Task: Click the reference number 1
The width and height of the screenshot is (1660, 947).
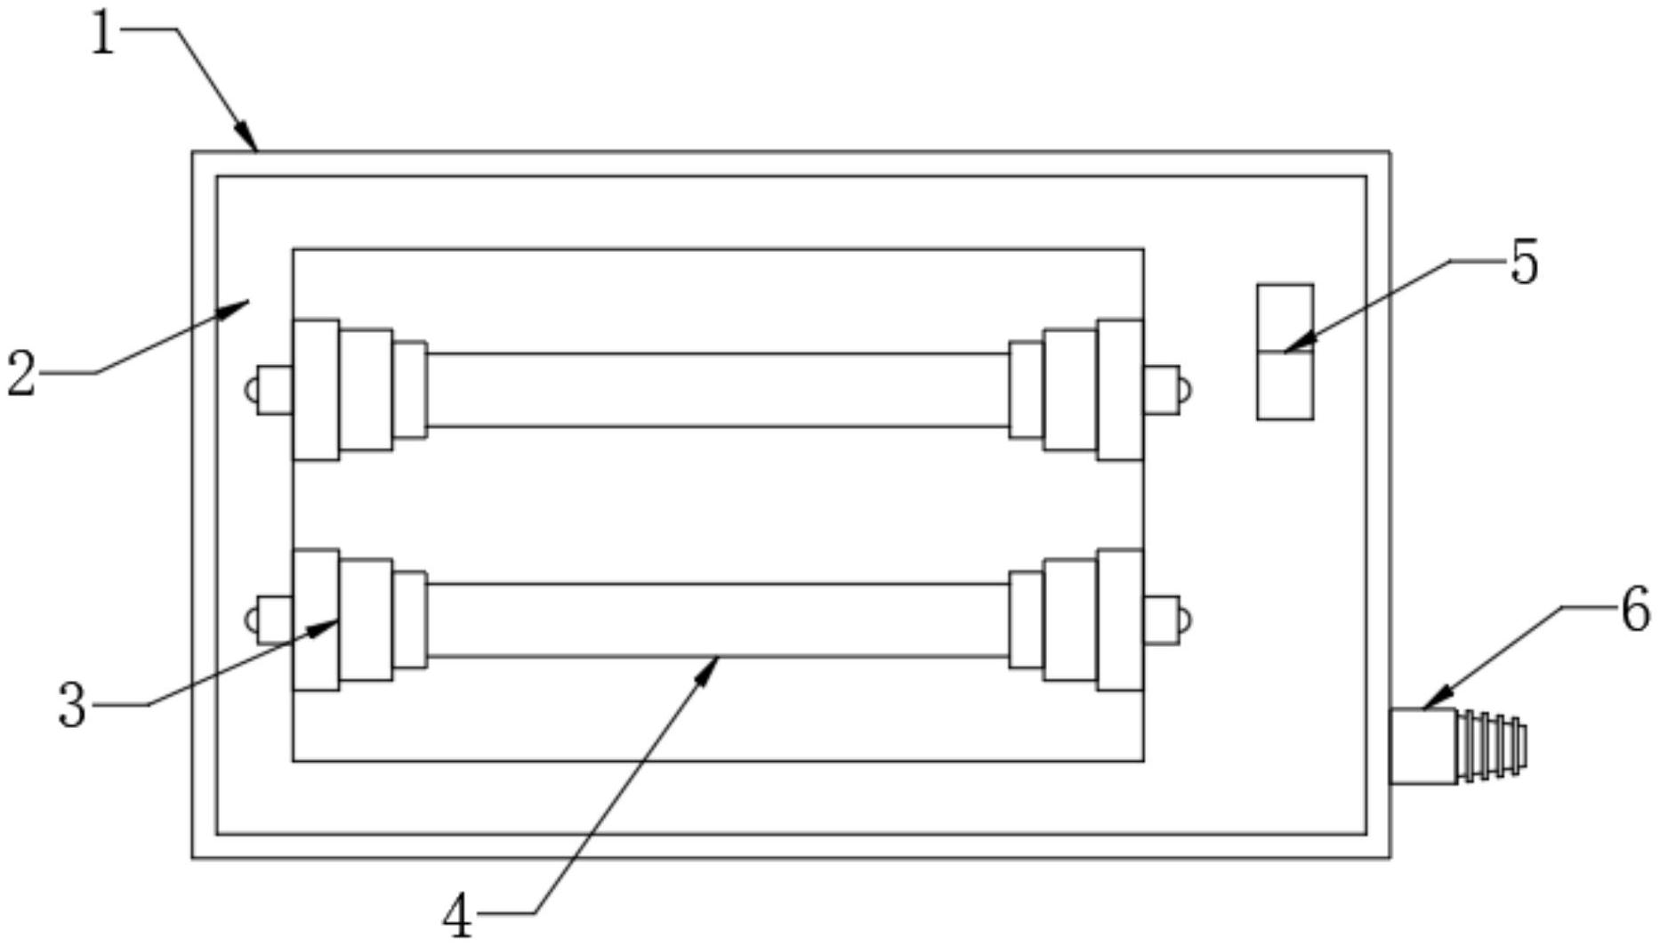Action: tap(104, 36)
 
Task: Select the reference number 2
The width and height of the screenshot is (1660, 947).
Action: tap(21, 374)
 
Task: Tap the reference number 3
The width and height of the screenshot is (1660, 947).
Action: tap(72, 705)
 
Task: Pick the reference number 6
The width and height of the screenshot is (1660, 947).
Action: tap(1635, 611)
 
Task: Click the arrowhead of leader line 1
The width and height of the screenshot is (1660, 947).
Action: tap(248, 139)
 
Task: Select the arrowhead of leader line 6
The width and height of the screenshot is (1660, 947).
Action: tap(1437, 700)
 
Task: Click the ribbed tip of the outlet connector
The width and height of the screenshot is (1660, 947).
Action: tap(1492, 746)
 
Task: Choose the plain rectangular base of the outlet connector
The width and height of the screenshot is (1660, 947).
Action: tap(1423, 746)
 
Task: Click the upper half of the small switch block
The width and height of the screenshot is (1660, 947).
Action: tap(1285, 319)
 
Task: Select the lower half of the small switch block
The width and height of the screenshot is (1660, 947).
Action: tap(1285, 385)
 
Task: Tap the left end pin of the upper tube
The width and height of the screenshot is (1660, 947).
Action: tap(270, 390)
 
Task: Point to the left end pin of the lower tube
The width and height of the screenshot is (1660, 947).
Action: tap(270, 619)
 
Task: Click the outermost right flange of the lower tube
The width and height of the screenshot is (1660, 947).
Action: tap(1120, 619)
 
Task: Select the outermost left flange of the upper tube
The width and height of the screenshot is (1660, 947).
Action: tap(316, 390)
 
